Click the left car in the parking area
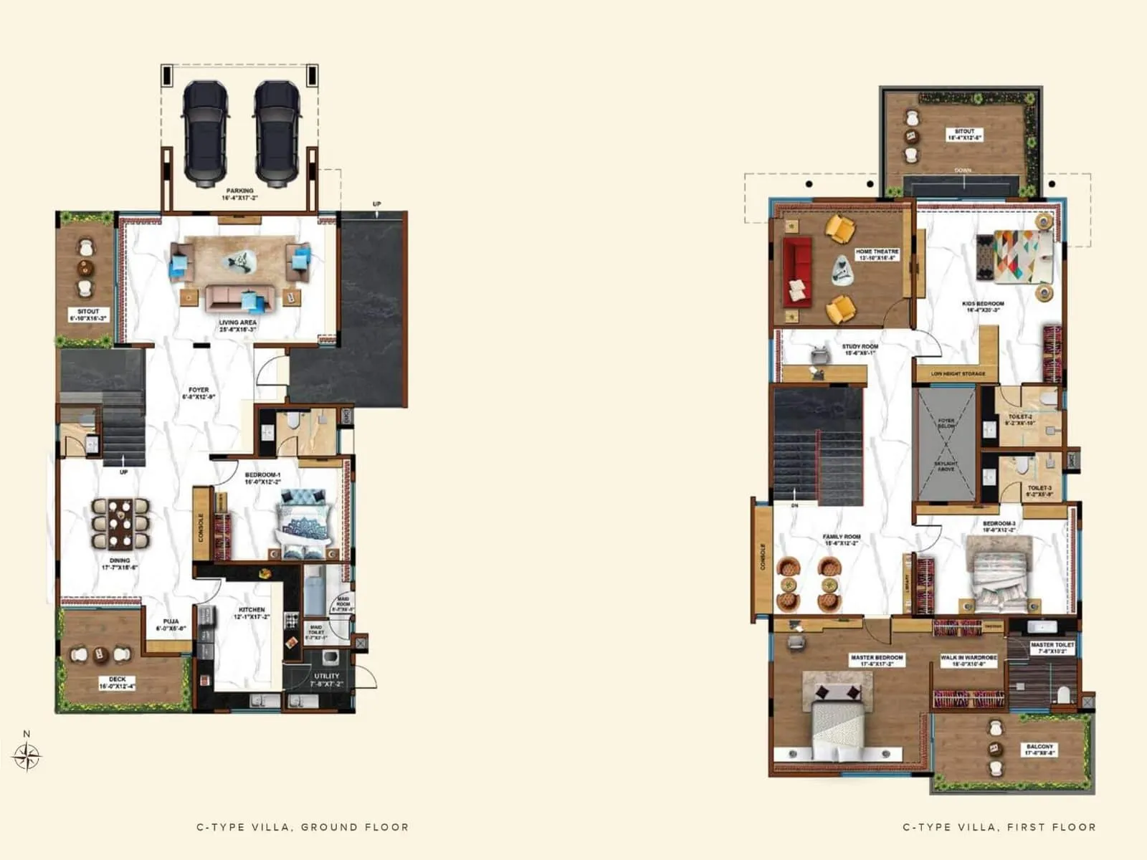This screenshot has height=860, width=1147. tap(206, 133)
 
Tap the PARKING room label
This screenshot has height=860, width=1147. tap(240, 194)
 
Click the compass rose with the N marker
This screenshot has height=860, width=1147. tap(27, 755)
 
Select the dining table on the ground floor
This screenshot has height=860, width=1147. tap(120, 524)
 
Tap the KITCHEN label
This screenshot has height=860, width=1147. tap(252, 613)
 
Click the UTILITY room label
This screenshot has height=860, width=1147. tap(327, 679)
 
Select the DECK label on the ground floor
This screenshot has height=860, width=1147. tap(118, 682)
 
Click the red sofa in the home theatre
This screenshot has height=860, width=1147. tap(796, 272)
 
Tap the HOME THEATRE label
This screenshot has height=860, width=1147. tap(877, 254)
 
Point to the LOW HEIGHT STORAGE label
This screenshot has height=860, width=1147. tap(958, 373)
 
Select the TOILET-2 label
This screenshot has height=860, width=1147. tap(1020, 419)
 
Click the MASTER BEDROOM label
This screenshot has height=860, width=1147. tap(877, 660)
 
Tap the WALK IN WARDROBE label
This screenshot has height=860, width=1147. tap(968, 660)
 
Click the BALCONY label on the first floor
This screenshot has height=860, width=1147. tap(1039, 750)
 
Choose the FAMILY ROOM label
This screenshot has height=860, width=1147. tap(842, 540)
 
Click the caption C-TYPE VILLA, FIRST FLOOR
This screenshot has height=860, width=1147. tap(999, 827)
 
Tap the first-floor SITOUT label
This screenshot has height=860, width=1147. tap(964, 134)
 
